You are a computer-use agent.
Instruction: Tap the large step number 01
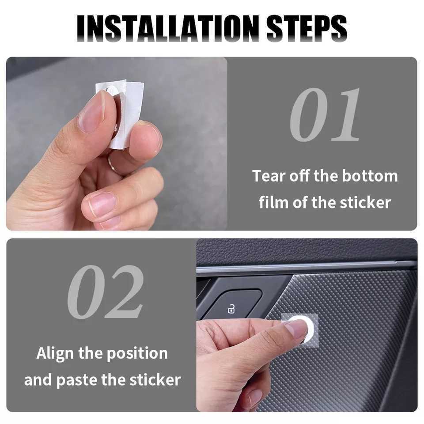click(x=325, y=115)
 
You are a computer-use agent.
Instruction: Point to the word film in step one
click(x=275, y=203)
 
